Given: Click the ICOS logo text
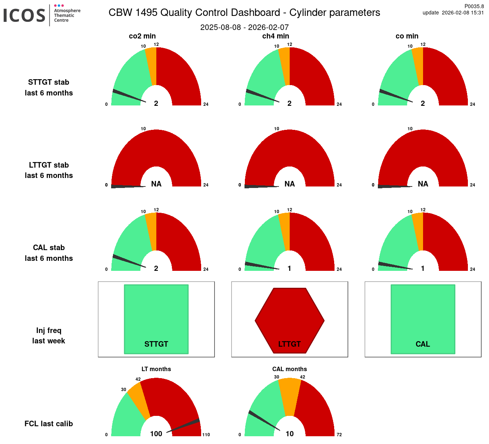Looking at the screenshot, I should (x=24, y=15).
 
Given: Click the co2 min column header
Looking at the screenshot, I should (x=142, y=36).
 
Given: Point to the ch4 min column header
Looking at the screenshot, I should (x=276, y=36).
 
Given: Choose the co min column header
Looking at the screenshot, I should (x=407, y=36).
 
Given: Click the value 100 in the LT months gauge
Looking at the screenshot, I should (x=156, y=434).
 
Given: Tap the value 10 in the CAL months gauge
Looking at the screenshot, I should (x=289, y=434).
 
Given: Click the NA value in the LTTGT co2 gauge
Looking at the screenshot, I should (x=156, y=184).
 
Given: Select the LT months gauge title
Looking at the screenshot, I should (x=156, y=369).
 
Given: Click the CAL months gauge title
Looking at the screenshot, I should (x=289, y=369).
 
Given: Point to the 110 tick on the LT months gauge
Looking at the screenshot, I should (x=206, y=435).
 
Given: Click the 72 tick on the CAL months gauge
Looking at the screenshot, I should (x=339, y=435).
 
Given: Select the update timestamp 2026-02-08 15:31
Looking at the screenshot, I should (x=463, y=13).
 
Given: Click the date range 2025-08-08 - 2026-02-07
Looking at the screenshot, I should (x=245, y=27).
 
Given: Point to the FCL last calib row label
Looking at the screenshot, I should (x=49, y=424).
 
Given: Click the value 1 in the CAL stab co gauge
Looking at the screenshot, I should (x=423, y=269).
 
